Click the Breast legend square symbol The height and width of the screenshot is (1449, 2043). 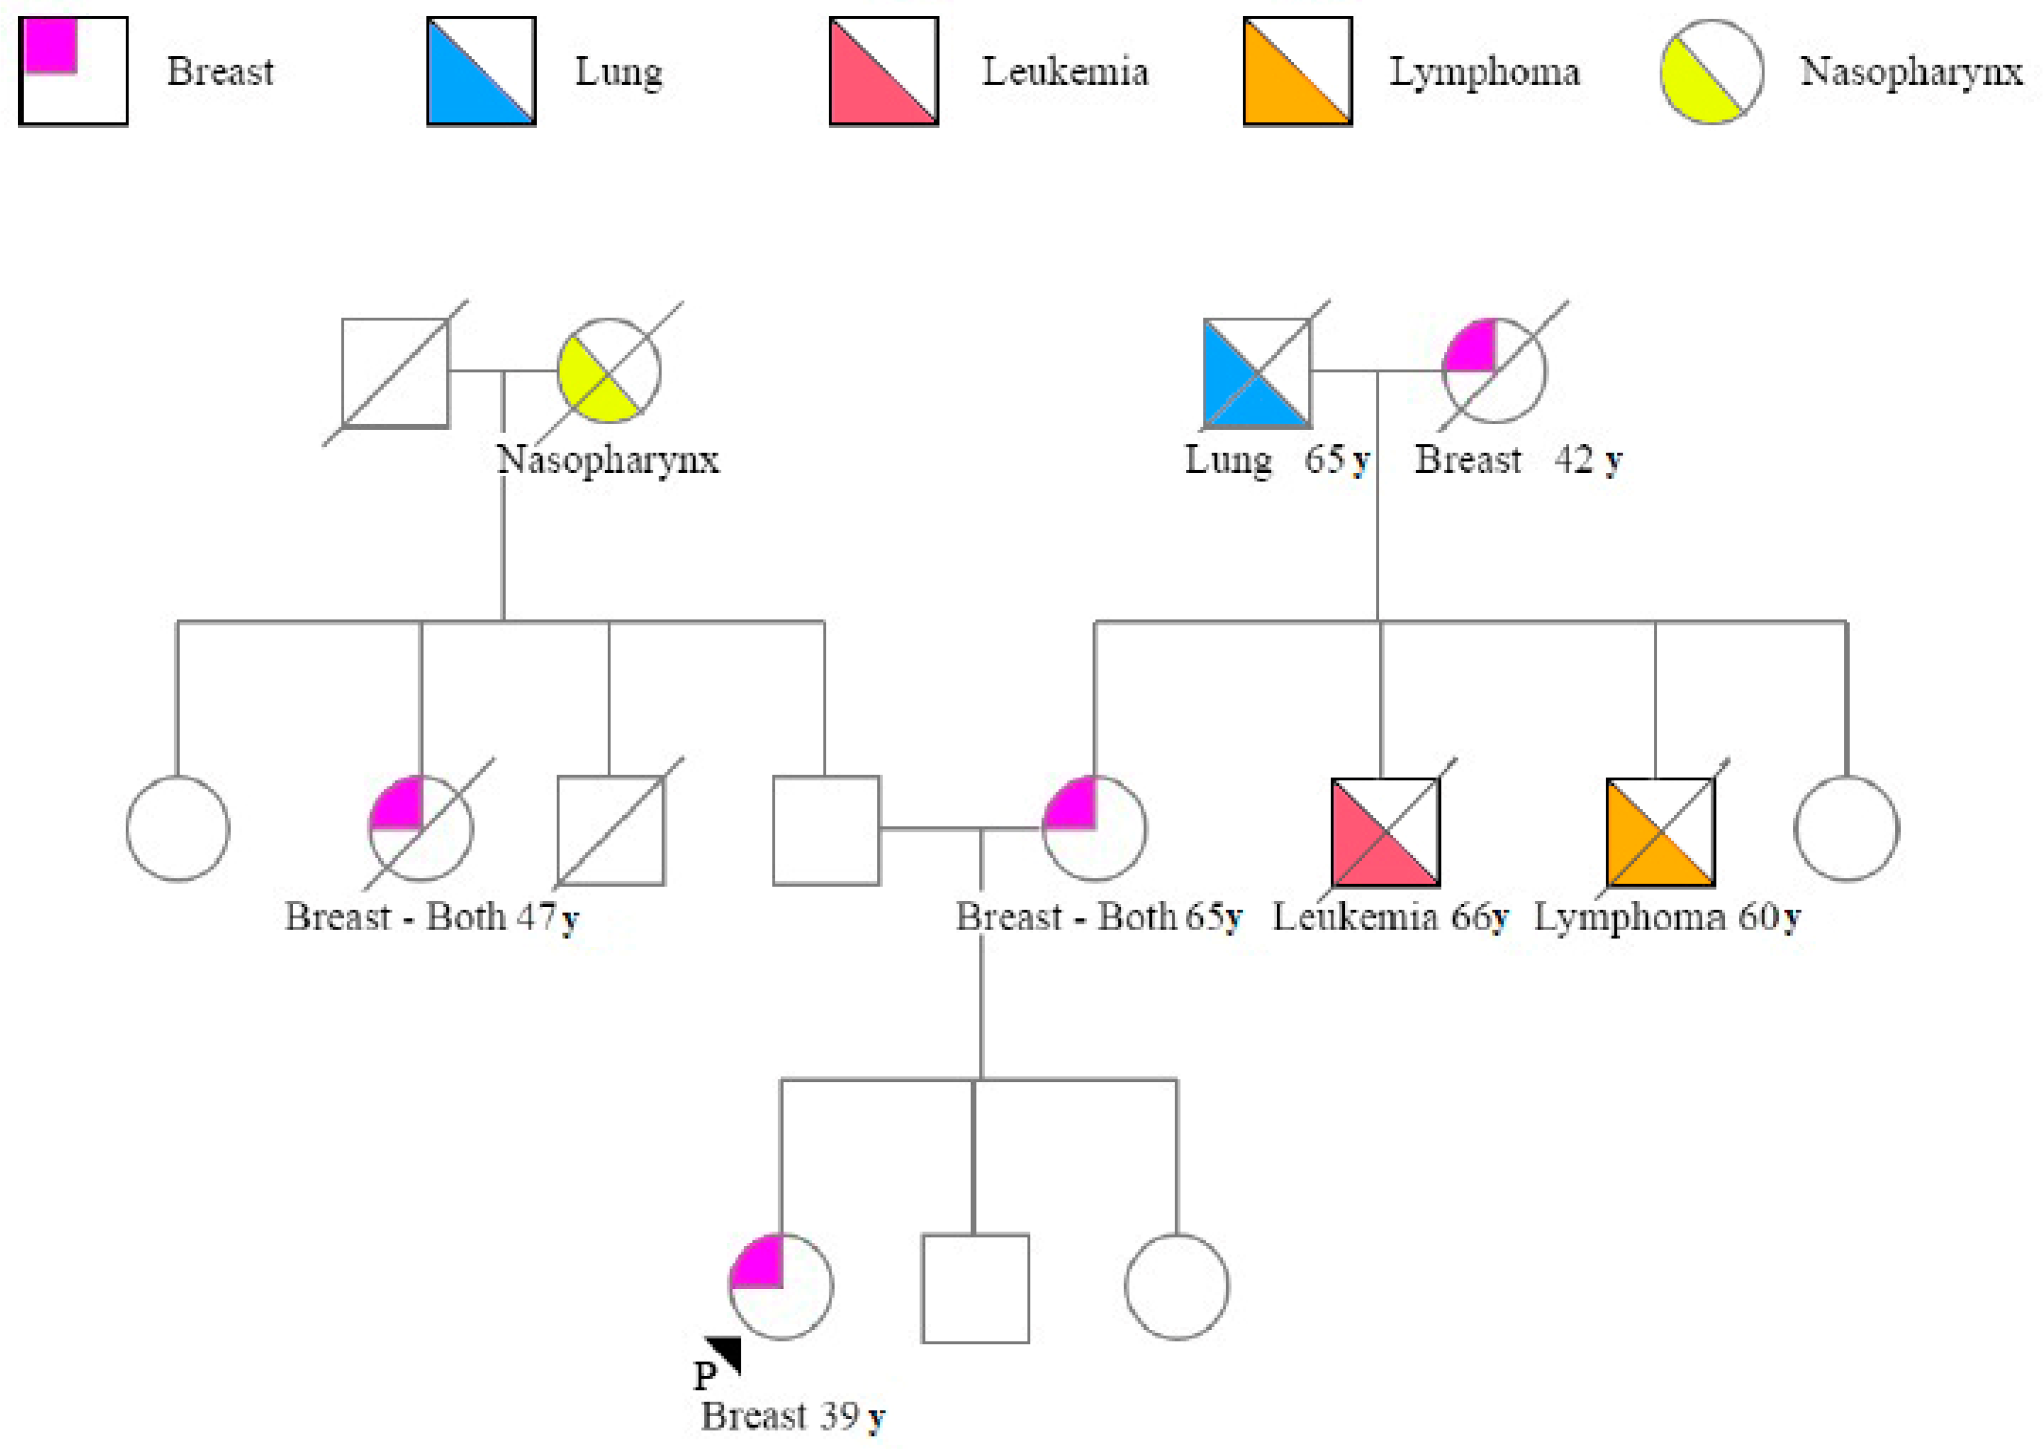tap(73, 71)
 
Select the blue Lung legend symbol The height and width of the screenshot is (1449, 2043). tap(481, 71)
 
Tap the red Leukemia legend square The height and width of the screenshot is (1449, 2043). tap(883, 71)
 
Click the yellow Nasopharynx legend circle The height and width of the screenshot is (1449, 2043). tap(1711, 71)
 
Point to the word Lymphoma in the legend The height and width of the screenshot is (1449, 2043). tap(1484, 71)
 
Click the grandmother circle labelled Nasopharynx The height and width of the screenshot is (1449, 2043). tap(609, 370)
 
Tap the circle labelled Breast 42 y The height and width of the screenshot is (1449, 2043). tap(1495, 370)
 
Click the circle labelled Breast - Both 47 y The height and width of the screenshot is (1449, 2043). tap(421, 828)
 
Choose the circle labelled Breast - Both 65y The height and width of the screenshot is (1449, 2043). tap(1095, 828)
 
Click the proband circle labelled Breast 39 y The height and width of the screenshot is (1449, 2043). tap(780, 1287)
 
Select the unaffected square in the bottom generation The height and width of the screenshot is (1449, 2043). tap(975, 1289)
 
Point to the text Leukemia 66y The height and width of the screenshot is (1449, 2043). tap(1390, 917)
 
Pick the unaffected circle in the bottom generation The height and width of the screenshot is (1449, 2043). tap(1177, 1287)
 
